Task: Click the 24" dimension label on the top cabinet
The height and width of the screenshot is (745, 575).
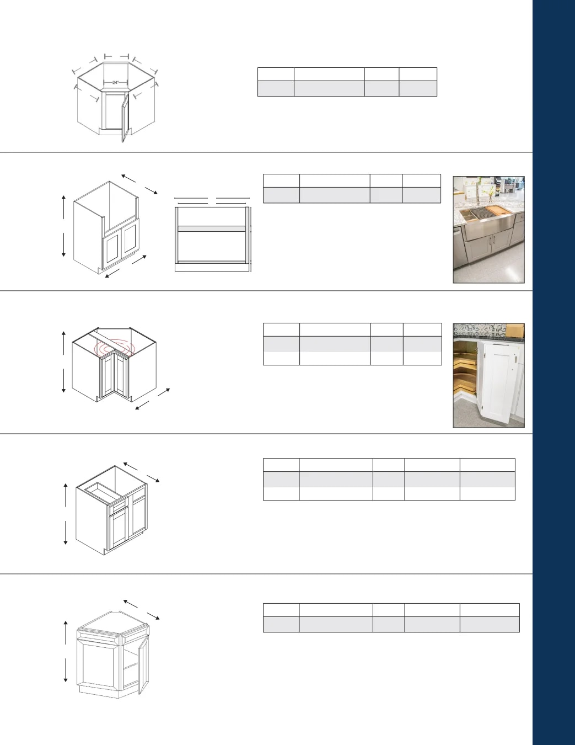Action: coord(115,83)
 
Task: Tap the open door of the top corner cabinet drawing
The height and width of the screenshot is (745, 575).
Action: coord(125,118)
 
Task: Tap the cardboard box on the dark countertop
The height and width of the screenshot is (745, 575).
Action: coord(515,330)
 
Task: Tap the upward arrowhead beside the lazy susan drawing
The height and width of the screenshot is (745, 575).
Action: coord(64,333)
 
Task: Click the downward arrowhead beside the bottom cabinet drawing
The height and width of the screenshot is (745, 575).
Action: coord(66,679)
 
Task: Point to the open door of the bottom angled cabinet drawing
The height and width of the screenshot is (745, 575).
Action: coord(143,664)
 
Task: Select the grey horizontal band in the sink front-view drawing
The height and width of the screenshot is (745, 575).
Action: coord(212,228)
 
